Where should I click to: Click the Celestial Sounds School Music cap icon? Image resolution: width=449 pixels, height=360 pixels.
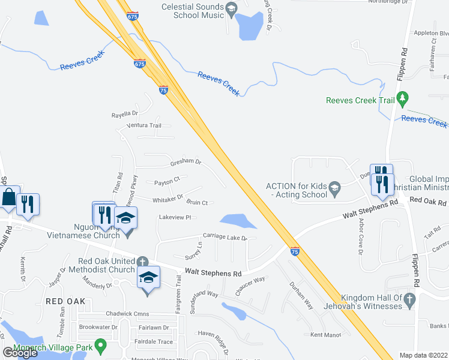click(232, 7)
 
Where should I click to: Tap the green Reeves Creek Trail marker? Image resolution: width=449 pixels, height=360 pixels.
click(403, 97)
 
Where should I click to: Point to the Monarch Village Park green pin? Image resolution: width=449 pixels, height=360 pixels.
click(101, 346)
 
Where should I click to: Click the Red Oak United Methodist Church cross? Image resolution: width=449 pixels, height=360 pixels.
click(142, 262)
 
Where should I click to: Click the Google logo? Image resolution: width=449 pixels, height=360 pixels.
click(20, 352)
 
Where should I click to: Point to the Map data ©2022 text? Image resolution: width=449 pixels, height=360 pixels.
click(424, 355)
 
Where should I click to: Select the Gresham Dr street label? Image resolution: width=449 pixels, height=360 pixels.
click(185, 161)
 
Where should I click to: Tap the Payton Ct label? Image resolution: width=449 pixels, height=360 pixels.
click(167, 181)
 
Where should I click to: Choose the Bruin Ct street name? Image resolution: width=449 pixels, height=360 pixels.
click(197, 203)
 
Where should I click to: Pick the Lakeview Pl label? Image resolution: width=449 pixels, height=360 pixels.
click(174, 217)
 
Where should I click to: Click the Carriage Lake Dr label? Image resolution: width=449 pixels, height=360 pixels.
click(225, 237)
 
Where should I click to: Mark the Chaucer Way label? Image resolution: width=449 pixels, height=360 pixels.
click(250, 284)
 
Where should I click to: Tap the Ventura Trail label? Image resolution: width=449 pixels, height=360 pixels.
click(145, 125)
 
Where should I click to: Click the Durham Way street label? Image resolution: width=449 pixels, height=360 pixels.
click(301, 295)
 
